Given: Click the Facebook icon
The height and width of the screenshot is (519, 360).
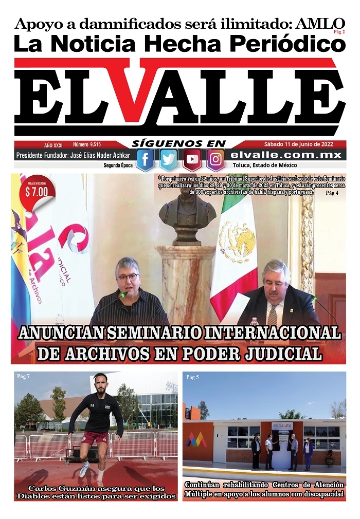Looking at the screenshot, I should click(x=145, y=160).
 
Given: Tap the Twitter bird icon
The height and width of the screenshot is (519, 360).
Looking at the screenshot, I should click(x=169, y=160).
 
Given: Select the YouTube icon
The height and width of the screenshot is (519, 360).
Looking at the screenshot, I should click(x=192, y=160).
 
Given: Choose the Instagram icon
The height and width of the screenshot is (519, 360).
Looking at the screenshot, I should click(x=215, y=160).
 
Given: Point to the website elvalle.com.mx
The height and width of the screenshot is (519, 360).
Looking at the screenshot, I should click(x=286, y=155).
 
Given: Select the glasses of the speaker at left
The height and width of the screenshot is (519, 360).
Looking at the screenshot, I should click(x=128, y=277).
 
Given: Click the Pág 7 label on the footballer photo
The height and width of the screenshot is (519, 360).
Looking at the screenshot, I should click(x=24, y=377).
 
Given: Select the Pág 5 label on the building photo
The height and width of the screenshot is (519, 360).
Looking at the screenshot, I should click(x=192, y=378).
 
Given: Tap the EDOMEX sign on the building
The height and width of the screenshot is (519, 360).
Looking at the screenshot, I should click(x=282, y=426).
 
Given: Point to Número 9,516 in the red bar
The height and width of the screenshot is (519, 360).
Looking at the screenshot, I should click(x=87, y=145).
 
